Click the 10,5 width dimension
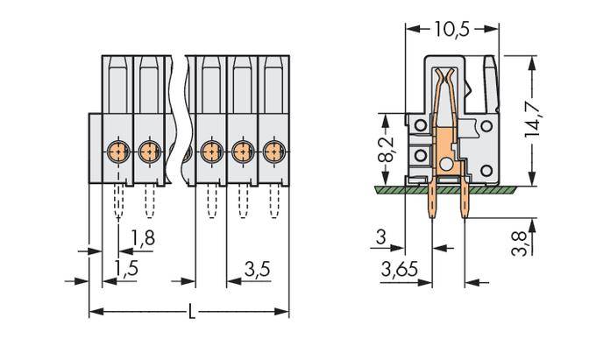(x=453, y=29)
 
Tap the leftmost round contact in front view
(x=117, y=151)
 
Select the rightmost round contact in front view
(x=273, y=151)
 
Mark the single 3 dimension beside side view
(x=380, y=237)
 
